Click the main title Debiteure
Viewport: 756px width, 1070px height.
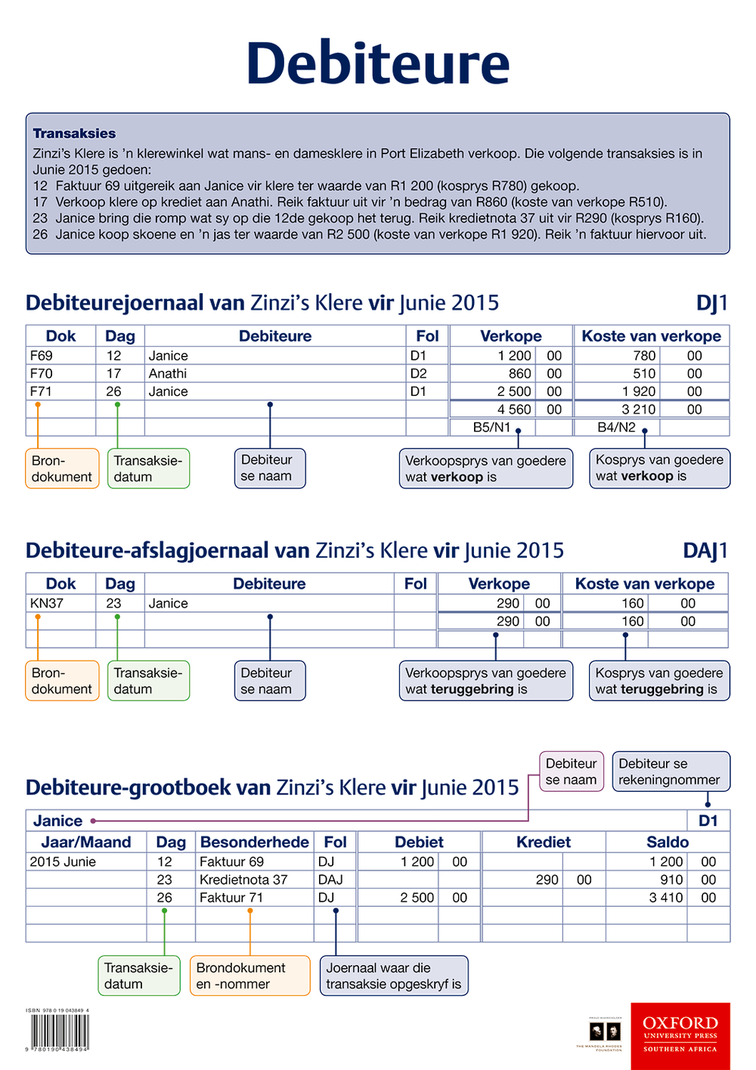[378, 63]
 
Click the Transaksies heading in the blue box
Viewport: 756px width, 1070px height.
[74, 134]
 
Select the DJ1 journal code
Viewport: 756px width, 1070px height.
[711, 303]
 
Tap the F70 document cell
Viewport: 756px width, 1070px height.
[42, 373]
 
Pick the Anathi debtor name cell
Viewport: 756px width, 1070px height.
[168, 373]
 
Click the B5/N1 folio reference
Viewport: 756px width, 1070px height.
[491, 427]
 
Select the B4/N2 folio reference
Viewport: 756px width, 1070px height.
[616, 427]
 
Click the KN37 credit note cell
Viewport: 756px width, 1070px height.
[47, 603]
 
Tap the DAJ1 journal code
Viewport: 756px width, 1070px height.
[705, 551]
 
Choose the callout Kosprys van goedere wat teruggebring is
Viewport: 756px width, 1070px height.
[658, 681]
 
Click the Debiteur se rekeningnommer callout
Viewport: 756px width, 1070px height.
[670, 772]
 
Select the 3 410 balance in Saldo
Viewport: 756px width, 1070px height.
[666, 898]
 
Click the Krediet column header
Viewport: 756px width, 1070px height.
[543, 842]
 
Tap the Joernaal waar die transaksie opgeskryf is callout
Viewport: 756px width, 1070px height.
[393, 976]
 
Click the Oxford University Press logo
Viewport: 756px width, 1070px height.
[680, 1035]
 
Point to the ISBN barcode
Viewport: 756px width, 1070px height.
[60, 1031]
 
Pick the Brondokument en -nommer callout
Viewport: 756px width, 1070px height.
[249, 976]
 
